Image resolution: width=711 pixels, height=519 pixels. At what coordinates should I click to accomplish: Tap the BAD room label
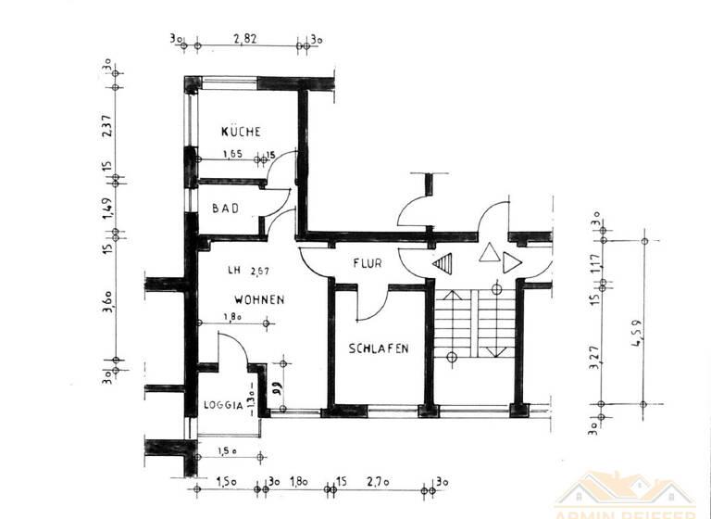226,209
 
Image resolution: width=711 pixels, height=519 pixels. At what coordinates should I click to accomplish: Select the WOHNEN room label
258,300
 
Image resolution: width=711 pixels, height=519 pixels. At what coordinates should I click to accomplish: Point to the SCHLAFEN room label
379,348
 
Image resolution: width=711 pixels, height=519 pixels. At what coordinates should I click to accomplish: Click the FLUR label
367,263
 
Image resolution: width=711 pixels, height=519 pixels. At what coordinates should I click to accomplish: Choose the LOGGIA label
223,405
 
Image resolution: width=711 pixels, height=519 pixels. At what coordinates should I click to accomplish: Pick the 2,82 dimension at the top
245,39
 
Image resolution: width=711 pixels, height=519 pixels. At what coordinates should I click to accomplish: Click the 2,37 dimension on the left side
107,124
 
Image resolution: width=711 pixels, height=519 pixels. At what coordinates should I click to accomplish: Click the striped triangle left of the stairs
445,263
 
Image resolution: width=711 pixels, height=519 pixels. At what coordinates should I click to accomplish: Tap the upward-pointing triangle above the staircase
488,253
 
